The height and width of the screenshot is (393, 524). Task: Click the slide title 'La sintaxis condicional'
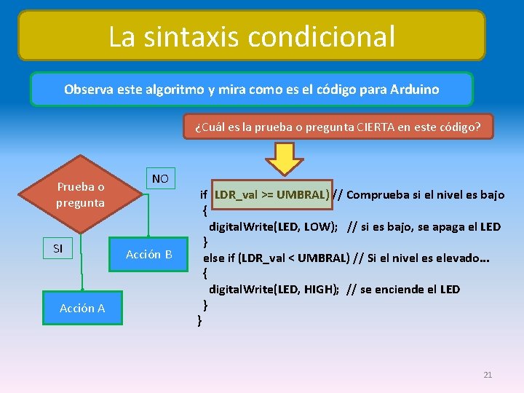coord(252,36)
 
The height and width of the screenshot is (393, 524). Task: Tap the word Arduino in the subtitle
coord(416,90)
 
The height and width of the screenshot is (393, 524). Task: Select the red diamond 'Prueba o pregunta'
coord(81,194)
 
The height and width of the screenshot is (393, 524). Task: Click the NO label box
coord(160,178)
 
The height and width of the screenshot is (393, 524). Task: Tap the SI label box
coord(58,248)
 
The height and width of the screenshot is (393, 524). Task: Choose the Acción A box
coord(82,308)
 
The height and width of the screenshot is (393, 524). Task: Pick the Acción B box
coord(148,254)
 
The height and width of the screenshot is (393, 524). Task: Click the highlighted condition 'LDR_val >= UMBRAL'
coord(271,194)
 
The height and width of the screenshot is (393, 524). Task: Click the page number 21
coord(488,375)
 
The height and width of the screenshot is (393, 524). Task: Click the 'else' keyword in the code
coord(213,258)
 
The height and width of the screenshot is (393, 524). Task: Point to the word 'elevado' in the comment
coord(461,258)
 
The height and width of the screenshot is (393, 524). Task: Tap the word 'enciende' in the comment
coord(394,289)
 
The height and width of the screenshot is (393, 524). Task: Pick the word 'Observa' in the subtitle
coord(86,90)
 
